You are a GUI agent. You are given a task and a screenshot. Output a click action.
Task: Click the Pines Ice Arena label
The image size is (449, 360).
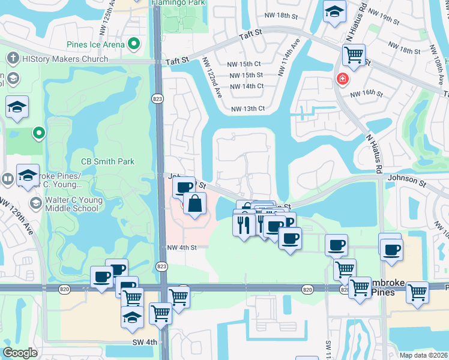coord(96,44)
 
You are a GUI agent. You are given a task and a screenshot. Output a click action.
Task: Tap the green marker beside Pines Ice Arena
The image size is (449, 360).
coord(134,44)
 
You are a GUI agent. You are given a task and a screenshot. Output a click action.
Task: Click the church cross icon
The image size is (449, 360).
coord(11,59)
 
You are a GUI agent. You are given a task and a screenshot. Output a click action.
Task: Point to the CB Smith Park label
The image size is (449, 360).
coord(107,161)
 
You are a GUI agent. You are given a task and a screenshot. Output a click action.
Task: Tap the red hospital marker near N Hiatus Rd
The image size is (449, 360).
coord(342,79)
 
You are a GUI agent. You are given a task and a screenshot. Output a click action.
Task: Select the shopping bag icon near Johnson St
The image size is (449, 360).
coord(195,204)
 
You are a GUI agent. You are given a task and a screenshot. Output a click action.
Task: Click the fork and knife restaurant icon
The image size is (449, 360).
coord(243,225)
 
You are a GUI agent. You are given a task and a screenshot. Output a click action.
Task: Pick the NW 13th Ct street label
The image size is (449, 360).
coord(249,108)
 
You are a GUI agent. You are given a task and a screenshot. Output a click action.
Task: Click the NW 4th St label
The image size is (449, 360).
coord(182,247)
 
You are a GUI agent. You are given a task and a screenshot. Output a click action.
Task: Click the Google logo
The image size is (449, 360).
coord(20,353)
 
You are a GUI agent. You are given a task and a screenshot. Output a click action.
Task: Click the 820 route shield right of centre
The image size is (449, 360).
coord(307,289)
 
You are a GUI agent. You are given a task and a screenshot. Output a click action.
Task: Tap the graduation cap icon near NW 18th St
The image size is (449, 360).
coord(334,11)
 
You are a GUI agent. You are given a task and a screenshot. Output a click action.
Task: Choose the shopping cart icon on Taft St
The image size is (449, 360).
coord(354,56)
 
